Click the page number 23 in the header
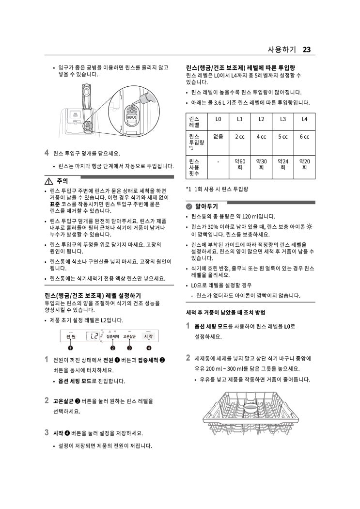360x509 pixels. tap(307, 49)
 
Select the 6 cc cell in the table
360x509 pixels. tap(304, 137)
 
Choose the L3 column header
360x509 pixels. tap(282, 119)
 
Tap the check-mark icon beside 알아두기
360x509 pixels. tap(189, 206)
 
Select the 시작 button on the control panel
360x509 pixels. tap(148, 336)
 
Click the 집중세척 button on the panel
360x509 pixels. tap(112, 336)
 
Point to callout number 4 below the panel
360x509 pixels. tap(149, 348)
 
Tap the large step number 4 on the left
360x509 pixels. tap(47, 153)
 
